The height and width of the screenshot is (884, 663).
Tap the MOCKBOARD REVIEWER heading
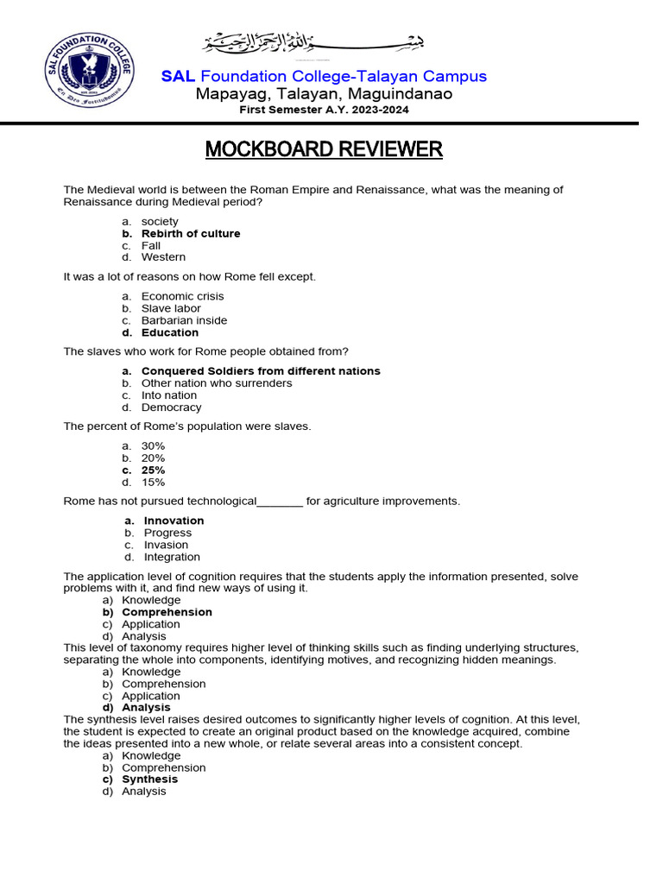[x=324, y=149]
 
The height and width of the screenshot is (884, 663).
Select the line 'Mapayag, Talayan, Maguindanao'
[x=324, y=94]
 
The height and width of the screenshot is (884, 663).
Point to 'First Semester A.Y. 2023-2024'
[x=324, y=110]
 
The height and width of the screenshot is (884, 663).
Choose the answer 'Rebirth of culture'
[x=191, y=234]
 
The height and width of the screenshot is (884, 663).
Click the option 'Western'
[x=163, y=257]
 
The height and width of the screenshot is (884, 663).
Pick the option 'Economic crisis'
[x=182, y=296]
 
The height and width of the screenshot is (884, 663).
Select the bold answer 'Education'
[x=170, y=332]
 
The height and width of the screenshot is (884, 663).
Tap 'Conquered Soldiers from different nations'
[x=261, y=371]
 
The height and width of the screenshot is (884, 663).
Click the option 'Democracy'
[x=171, y=407]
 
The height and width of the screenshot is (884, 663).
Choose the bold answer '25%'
[x=154, y=470]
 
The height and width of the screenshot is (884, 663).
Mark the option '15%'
[x=153, y=483]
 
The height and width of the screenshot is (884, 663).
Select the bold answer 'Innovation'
[x=174, y=521]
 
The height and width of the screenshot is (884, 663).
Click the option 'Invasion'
[x=166, y=545]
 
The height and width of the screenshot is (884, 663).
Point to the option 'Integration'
[x=172, y=557]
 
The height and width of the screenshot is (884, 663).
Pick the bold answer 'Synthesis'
[x=149, y=780]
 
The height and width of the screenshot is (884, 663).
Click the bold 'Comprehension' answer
[x=167, y=612]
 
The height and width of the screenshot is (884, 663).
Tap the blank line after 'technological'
[x=281, y=502]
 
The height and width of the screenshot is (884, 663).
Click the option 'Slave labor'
[x=171, y=308]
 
